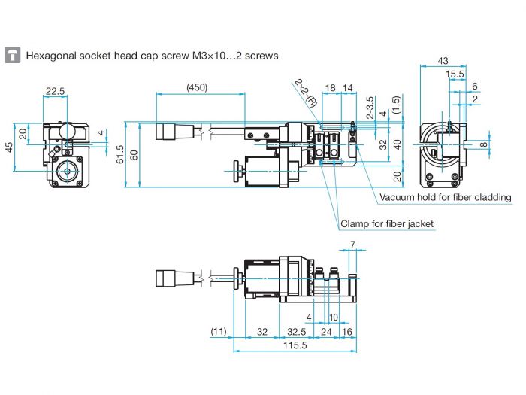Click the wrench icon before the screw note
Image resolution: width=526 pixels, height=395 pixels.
pyautogui.click(x=12, y=56)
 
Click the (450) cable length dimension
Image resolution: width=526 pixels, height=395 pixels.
pyautogui.click(x=197, y=87)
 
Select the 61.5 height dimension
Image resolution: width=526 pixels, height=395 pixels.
pyautogui.click(x=120, y=153)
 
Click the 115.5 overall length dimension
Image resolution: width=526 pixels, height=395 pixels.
pyautogui.click(x=297, y=345)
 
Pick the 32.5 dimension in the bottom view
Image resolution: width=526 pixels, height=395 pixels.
pyautogui.click(x=295, y=330)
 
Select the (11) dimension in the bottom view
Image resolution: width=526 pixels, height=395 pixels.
pyautogui.click(x=219, y=330)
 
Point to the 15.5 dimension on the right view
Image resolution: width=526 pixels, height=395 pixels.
pyautogui.click(x=455, y=74)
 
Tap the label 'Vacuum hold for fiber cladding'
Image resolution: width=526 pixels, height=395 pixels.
pyautogui.click(x=445, y=197)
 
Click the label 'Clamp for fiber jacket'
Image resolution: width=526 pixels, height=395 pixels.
pyautogui.click(x=387, y=223)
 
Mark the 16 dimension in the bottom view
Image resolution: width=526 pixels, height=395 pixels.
pyautogui.click(x=348, y=330)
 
